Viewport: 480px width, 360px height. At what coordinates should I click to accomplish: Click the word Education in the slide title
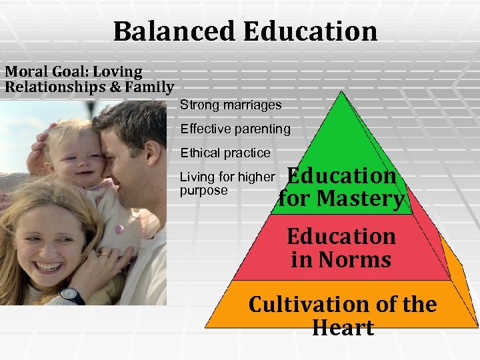click(311, 31)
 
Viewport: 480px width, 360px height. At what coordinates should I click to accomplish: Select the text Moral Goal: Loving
click(73, 71)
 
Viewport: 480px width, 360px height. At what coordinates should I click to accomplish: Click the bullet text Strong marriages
click(231, 105)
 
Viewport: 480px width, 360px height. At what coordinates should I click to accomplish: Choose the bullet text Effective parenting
click(235, 129)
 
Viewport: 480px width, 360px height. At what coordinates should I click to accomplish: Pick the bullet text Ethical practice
click(225, 153)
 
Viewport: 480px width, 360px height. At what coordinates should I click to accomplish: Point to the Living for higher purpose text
click(227, 183)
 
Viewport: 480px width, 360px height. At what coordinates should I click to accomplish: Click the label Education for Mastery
click(341, 187)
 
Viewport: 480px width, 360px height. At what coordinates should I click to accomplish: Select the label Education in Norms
click(341, 247)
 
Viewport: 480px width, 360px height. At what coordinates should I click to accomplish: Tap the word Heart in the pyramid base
click(343, 328)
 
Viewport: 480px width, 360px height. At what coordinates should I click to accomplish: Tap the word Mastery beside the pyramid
click(360, 199)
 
